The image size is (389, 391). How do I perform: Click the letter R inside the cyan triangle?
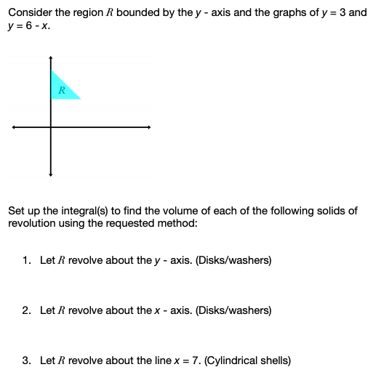[x=62, y=91]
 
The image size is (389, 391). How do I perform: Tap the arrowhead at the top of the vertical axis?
[x=50, y=57]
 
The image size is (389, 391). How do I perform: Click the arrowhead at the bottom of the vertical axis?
[x=50, y=174]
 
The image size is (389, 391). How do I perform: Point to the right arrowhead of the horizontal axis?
[x=149, y=128]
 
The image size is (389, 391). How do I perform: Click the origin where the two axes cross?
[x=50, y=128]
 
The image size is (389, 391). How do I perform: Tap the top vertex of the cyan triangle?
[x=51, y=70]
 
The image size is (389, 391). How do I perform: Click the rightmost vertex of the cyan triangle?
[x=80, y=99]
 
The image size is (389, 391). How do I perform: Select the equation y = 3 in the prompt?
[x=329, y=12]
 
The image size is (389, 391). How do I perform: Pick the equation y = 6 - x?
[x=28, y=25]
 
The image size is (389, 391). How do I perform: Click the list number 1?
[x=26, y=259]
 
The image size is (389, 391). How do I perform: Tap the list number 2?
[x=26, y=310]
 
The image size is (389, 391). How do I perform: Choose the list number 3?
[x=26, y=360]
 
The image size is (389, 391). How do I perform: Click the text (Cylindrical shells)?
[x=248, y=360]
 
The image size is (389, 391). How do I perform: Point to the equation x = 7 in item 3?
[x=187, y=360]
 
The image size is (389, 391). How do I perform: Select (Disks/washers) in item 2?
[x=236, y=310]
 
